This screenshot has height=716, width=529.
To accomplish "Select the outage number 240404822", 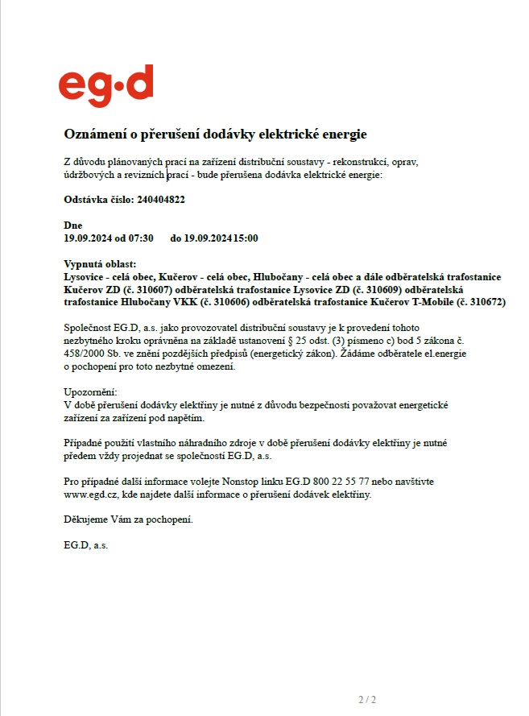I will click(161, 199).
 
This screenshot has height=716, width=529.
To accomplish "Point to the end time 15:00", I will click(246, 238).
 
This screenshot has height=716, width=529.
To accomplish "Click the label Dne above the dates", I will click(72, 226).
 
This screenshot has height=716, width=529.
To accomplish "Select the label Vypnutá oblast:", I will click(100, 264).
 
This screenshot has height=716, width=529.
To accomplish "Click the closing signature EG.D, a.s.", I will click(85, 545).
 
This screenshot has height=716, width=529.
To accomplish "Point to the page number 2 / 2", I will click(367, 698).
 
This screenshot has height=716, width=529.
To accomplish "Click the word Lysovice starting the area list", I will click(84, 276).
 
